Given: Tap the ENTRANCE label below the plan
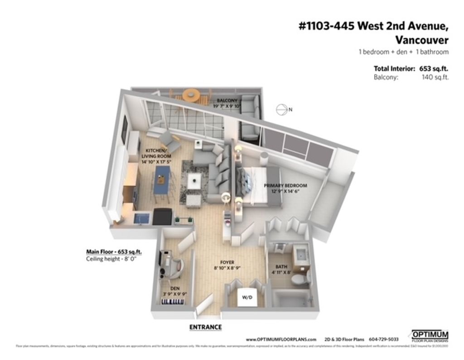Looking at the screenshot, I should pos(205,327).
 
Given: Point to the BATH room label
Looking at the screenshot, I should pos(281,267).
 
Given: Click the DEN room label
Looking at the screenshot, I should pos(175,288).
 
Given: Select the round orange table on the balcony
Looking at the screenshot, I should pos(191,95).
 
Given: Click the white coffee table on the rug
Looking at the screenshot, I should pos(195,180).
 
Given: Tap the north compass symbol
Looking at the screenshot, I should pos(282,109).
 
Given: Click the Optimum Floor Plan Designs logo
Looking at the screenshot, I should pos(430,336).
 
